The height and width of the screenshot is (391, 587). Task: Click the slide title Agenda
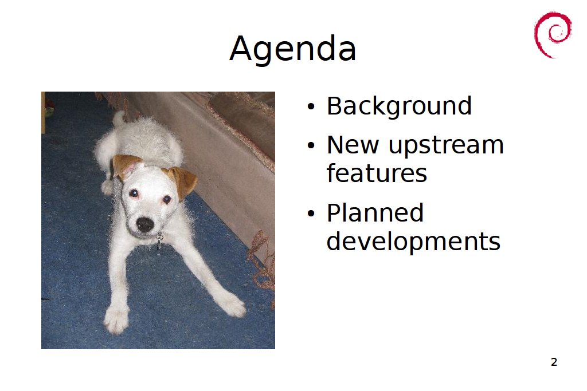(x=292, y=49)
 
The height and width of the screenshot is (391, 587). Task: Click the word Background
(x=399, y=106)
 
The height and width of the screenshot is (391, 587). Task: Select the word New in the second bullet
(x=353, y=145)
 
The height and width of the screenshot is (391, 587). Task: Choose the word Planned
(x=375, y=213)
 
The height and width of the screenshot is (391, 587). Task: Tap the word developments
(x=413, y=242)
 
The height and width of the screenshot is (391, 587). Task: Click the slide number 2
(x=554, y=362)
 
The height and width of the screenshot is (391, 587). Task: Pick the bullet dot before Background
(x=311, y=107)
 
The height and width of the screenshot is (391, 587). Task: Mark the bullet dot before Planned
(x=311, y=214)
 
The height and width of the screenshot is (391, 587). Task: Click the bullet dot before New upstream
(x=311, y=145)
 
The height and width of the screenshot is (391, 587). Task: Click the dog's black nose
(x=145, y=224)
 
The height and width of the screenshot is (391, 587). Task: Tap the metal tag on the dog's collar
(x=159, y=240)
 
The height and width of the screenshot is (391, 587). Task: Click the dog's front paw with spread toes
(x=116, y=318)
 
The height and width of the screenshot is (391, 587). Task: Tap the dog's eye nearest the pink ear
(x=134, y=193)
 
